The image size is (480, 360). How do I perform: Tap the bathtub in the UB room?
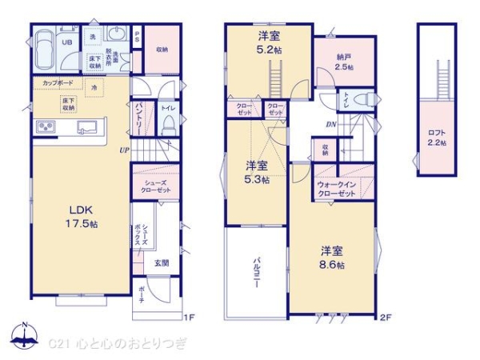point(44,48)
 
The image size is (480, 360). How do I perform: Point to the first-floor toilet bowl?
point(169,123)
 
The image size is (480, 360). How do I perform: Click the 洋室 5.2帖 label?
point(268,42)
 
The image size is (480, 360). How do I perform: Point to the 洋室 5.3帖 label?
point(257,173)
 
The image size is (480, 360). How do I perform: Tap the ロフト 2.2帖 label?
point(437,135)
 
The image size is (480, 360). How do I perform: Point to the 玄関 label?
point(161,262)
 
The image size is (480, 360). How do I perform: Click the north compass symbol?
point(24,337)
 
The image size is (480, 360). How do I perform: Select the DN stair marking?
point(330,124)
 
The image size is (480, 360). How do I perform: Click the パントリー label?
point(138,118)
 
